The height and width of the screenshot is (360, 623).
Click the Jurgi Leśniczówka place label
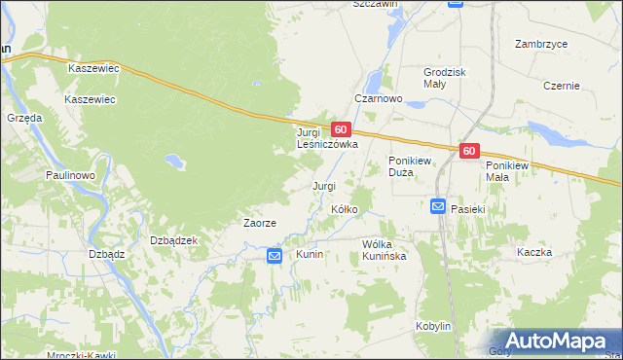tap(327, 137)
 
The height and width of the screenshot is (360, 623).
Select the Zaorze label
tap(260, 223)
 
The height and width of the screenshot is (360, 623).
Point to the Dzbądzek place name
tap(174, 240)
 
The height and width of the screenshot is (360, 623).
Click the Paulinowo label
tap(69, 174)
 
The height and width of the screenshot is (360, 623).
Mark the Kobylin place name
tap(433, 326)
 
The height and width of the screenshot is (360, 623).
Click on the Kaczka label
tap(534, 252)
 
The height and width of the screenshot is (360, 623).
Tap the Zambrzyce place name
tap(542, 45)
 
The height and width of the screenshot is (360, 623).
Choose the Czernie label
tap(563, 86)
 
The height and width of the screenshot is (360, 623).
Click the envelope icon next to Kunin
tap(275, 256)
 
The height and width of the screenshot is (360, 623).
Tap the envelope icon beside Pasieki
tap(438, 206)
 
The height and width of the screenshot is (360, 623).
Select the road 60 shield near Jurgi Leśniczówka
tap(340, 128)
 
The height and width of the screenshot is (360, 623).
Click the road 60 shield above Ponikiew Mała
tap(469, 151)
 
